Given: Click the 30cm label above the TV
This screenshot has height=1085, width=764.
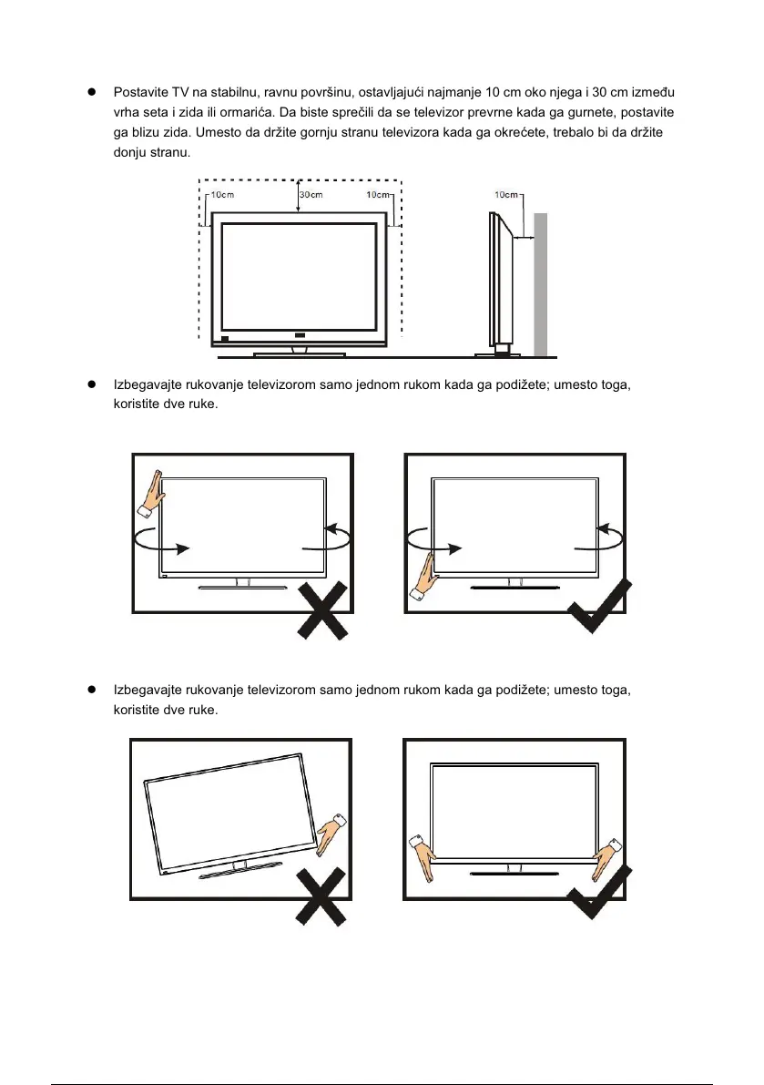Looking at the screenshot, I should click(x=311, y=194).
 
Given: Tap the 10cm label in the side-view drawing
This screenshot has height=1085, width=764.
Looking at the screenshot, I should click(x=506, y=194).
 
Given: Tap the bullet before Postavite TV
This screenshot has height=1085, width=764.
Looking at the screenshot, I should click(x=91, y=94).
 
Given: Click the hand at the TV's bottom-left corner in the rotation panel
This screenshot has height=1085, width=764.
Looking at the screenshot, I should click(x=425, y=580).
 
